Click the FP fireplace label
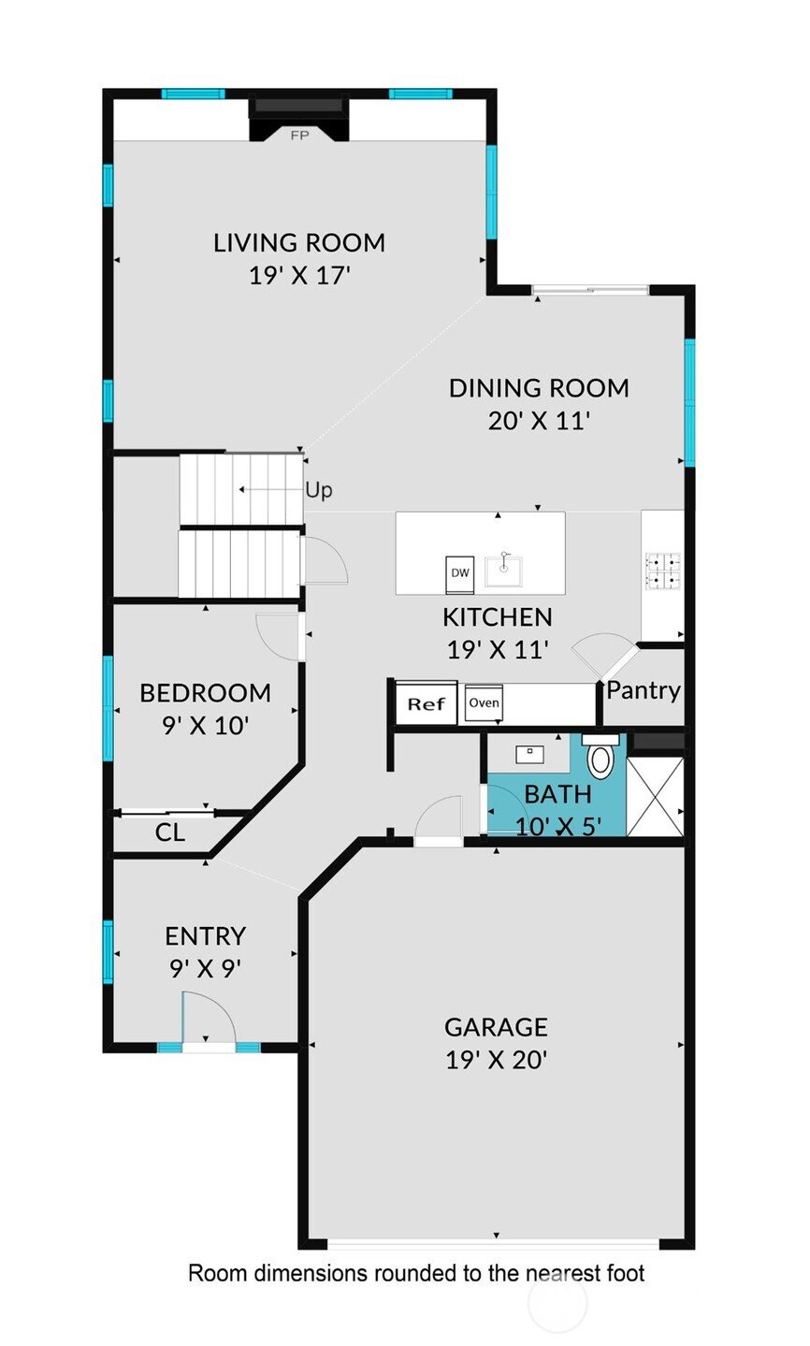point(299,136)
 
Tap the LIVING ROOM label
point(299,243)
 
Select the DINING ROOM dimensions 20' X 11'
point(538,421)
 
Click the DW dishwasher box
point(460,572)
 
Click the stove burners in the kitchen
point(664,572)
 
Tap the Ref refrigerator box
point(426,704)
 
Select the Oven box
point(485,703)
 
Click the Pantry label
point(644,690)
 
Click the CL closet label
point(170,832)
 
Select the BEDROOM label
point(205,693)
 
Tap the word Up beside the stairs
point(318,490)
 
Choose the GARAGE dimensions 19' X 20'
point(495,1061)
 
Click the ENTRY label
point(205,936)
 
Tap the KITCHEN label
point(497,617)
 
